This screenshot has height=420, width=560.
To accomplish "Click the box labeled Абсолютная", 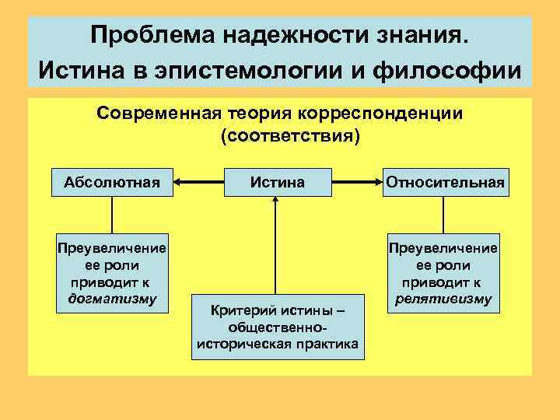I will (x=111, y=183).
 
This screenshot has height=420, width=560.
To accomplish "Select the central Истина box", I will (x=278, y=183).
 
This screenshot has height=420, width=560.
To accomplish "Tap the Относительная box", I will (x=444, y=183).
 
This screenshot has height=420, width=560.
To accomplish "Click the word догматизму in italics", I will (x=112, y=298).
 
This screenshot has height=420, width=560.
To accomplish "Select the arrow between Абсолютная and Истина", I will (x=198, y=183).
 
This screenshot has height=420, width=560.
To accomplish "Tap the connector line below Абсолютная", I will (x=112, y=214).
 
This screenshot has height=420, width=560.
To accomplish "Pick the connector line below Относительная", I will (x=443, y=214).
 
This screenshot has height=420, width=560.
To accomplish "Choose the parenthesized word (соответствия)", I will (x=290, y=137).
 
